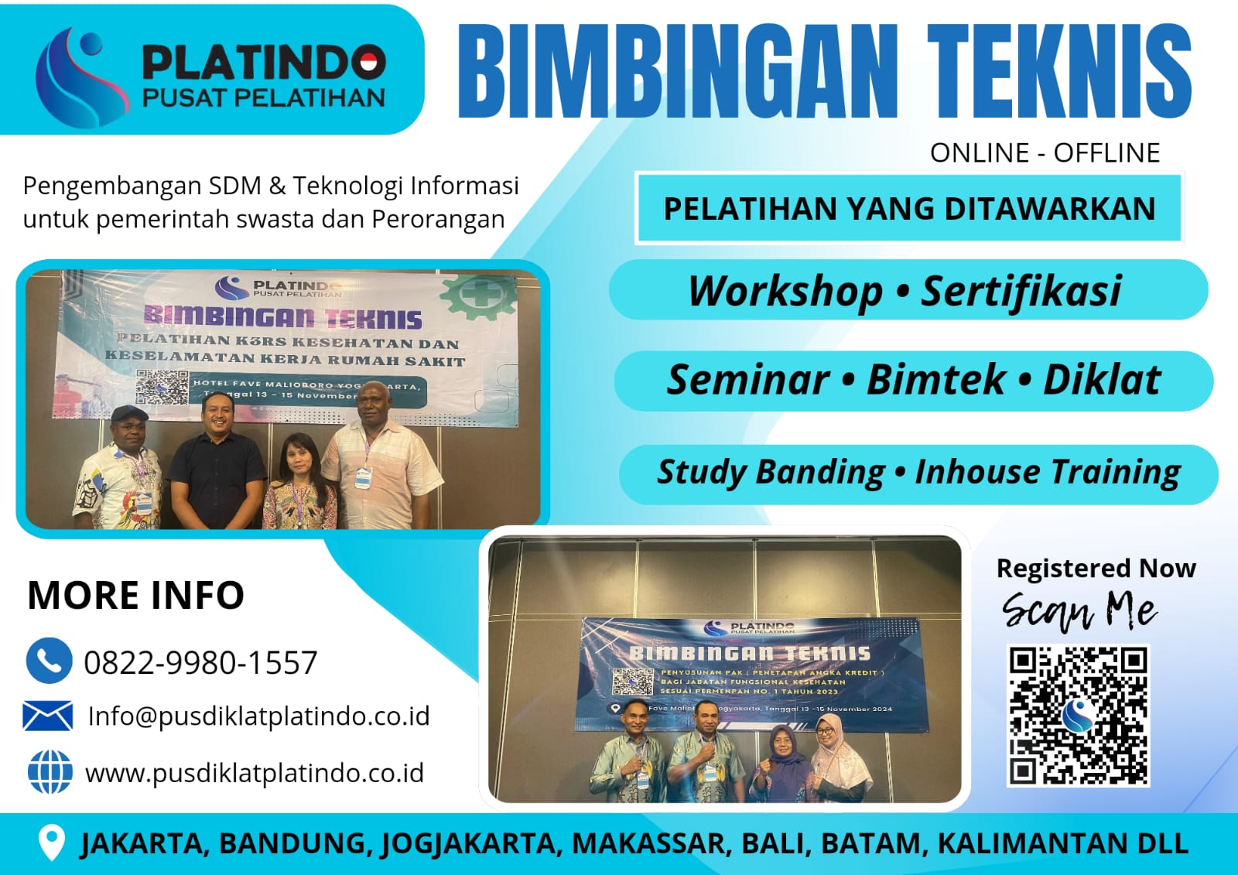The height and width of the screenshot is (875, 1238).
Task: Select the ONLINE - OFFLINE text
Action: coord(1045,153)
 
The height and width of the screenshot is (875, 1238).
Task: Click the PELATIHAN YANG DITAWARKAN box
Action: coord(909,209)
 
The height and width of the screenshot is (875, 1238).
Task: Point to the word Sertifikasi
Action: coord(1021,292)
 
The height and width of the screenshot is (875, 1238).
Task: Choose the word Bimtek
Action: coord(936,380)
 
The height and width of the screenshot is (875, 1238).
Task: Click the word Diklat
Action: coord(1102,380)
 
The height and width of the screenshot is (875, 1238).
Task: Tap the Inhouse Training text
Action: coord(1048,472)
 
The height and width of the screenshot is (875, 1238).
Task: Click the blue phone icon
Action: coord(49,661)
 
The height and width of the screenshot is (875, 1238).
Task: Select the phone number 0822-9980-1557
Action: coord(200,663)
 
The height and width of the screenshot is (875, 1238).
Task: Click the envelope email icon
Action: coord(48,716)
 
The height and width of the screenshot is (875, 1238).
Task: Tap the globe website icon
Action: coord(50,772)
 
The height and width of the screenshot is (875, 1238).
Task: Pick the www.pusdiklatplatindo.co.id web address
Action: coord(255,773)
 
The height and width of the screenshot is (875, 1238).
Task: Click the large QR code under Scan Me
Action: coord(1078,715)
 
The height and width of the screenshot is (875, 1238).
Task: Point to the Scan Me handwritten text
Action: coord(1079,610)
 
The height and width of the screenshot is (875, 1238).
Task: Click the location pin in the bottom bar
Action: coord(51,843)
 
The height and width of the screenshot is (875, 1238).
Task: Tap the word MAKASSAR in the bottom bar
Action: coord(651,843)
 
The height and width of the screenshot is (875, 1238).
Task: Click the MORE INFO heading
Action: coord(136,595)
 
